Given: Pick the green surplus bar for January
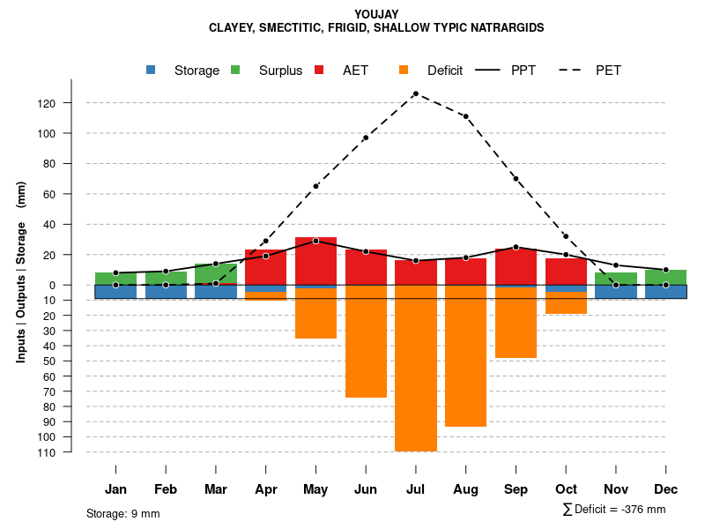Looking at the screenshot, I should tap(115, 279).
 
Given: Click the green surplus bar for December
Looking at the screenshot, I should tap(665, 277).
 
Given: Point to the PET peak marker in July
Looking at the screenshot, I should tap(415, 93).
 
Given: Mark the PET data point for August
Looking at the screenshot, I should tap(465, 116).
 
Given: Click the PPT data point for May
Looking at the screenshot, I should tap(315, 241).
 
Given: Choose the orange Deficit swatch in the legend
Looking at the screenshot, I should tap(404, 70).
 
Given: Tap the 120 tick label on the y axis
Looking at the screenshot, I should tap(70, 104).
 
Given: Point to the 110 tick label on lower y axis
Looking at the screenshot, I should tap(70, 453).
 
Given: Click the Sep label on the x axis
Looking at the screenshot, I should tap(516, 489).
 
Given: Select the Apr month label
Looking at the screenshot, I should tap(266, 489).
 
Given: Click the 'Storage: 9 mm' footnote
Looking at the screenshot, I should tap(123, 513).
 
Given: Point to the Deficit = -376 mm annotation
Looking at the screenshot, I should tap(614, 510).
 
